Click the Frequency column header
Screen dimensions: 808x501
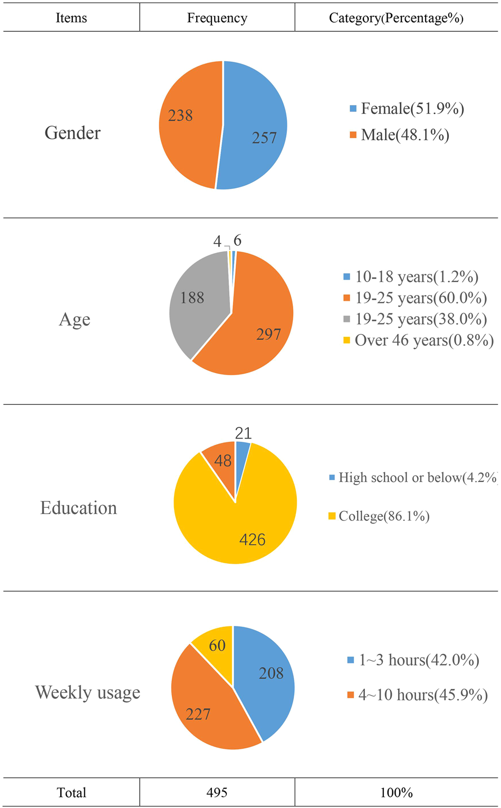tap(217, 18)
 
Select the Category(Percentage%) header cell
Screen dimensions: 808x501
tap(396, 18)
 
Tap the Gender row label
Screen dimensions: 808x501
tap(72, 132)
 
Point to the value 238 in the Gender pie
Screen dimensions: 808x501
tap(180, 116)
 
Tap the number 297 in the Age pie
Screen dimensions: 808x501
tap(268, 334)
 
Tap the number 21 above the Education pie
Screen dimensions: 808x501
tap(243, 433)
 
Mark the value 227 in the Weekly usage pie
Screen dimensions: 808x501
tap(198, 714)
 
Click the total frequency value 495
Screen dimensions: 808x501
tap(217, 792)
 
